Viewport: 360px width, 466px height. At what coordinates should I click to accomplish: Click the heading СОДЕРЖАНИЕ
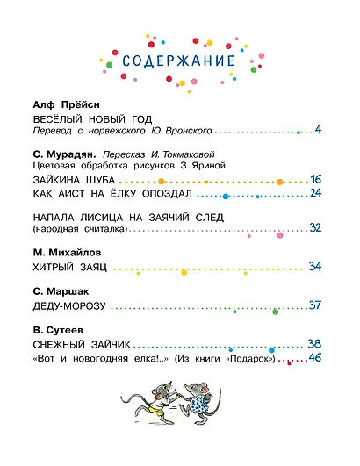coord(178,62)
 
